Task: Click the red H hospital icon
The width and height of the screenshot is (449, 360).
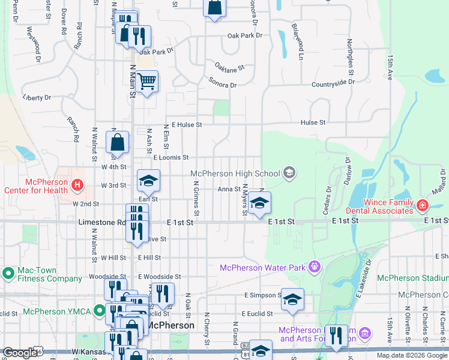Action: point(77,185)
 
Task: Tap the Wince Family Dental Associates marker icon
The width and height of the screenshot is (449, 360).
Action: point(423,206)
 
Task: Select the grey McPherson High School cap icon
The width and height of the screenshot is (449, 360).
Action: point(289,173)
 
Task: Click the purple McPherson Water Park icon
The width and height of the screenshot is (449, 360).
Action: point(313,266)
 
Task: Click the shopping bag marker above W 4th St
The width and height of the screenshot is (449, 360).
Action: point(118,142)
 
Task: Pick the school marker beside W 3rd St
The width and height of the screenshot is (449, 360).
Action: point(149,179)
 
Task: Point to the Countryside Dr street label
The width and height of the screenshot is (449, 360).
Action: point(333,82)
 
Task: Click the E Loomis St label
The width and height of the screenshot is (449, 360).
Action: point(171,158)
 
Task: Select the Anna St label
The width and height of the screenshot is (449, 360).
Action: point(229,189)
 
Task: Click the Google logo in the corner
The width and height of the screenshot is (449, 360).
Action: point(19,353)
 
